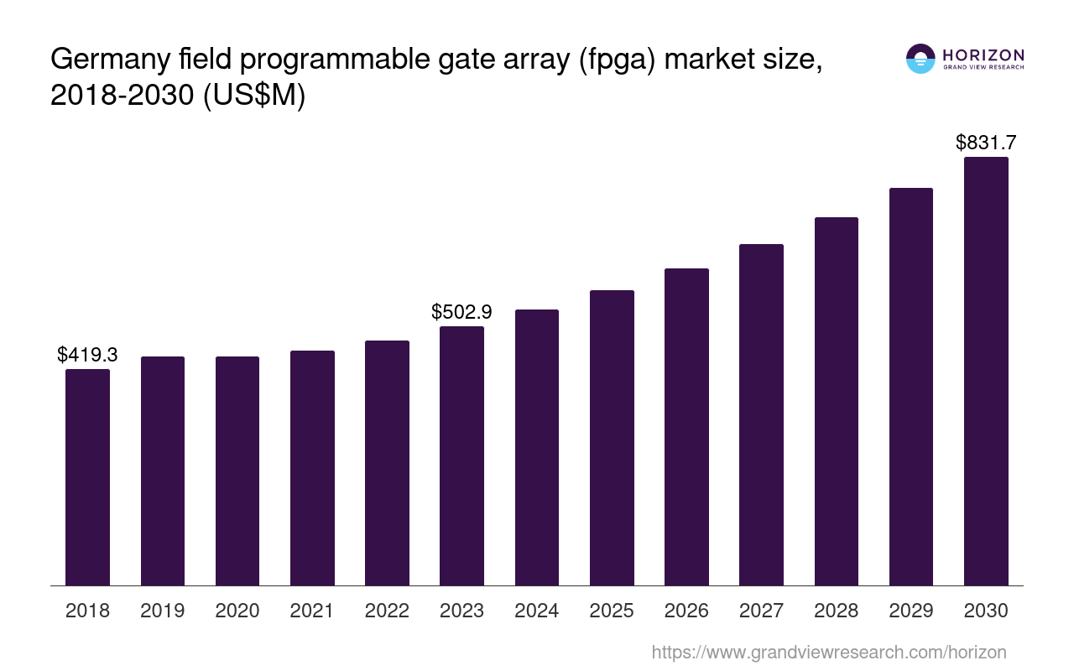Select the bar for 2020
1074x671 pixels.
(x=237, y=471)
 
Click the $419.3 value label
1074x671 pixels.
(x=87, y=355)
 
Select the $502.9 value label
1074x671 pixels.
(x=461, y=312)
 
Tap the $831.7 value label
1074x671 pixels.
(x=986, y=143)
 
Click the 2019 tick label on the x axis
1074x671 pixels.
(x=163, y=611)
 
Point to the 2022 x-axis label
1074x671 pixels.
(x=387, y=611)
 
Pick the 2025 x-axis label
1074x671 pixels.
(x=612, y=611)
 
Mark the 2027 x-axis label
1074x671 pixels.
(x=761, y=611)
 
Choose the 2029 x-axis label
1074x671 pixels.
(x=911, y=611)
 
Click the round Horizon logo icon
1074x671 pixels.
(x=920, y=59)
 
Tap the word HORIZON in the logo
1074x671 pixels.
(x=983, y=55)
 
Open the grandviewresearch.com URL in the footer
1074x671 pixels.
(x=829, y=652)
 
